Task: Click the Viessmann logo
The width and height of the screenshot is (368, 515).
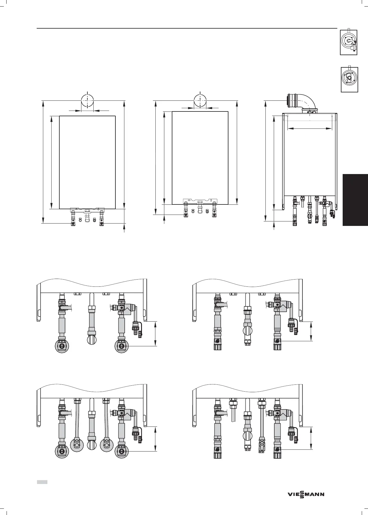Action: tap(306, 494)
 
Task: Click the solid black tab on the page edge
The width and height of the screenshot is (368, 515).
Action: tap(355, 200)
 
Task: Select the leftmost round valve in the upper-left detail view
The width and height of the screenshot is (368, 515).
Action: tap(62, 346)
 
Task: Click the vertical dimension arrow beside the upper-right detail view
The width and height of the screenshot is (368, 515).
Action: tap(311, 331)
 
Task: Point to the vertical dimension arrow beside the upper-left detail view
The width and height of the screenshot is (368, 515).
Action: tap(155, 333)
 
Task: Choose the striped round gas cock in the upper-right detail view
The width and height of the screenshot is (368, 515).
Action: tap(247, 331)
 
